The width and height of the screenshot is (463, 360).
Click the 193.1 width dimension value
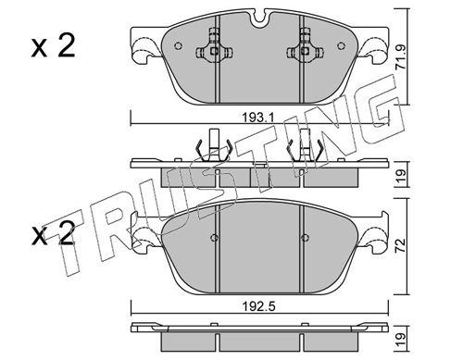click(258, 118)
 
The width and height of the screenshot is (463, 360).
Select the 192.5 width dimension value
click(258, 306)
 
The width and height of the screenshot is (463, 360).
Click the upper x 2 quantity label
click(53, 46)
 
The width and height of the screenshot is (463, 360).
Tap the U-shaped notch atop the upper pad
click(258, 18)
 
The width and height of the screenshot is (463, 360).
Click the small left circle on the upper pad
click(178, 45)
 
